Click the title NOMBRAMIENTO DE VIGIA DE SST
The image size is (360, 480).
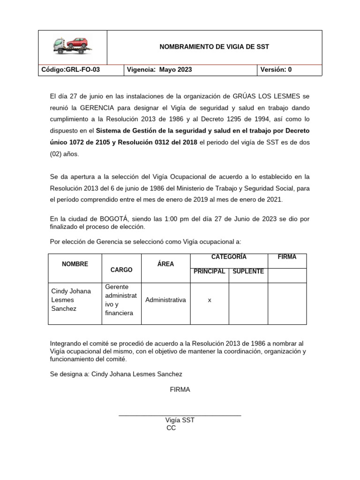pyautogui.click(x=214, y=47)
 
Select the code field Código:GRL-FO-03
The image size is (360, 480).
pyautogui.click(x=71, y=70)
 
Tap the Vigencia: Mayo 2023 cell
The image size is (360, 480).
pyautogui.click(x=159, y=70)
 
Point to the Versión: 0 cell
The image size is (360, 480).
pyautogui.click(x=276, y=70)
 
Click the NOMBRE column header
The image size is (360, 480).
pyautogui.click(x=75, y=264)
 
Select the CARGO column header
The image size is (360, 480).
pyautogui.click(x=121, y=270)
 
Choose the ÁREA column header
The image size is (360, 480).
pyautogui.click(x=165, y=264)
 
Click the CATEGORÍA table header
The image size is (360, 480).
pyautogui.click(x=229, y=257)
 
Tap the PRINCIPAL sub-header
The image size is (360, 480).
pyautogui.click(x=209, y=272)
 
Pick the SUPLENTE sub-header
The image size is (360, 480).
pyautogui.click(x=248, y=272)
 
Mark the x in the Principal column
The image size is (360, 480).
pyautogui.click(x=209, y=300)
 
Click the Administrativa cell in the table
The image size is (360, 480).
pyautogui.click(x=165, y=300)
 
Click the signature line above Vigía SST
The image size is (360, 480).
pyautogui.click(x=180, y=415)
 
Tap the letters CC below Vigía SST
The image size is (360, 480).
pyautogui.click(x=171, y=428)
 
